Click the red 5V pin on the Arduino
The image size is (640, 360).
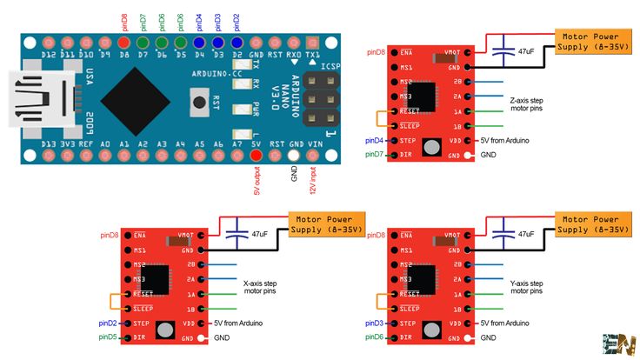(x=256, y=155)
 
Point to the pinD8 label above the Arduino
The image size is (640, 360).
(x=124, y=21)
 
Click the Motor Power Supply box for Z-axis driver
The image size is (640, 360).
(x=591, y=41)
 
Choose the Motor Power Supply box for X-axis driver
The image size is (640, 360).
(x=323, y=224)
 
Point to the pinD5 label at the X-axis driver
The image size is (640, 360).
(x=107, y=337)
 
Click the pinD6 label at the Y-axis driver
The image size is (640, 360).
(x=374, y=337)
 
